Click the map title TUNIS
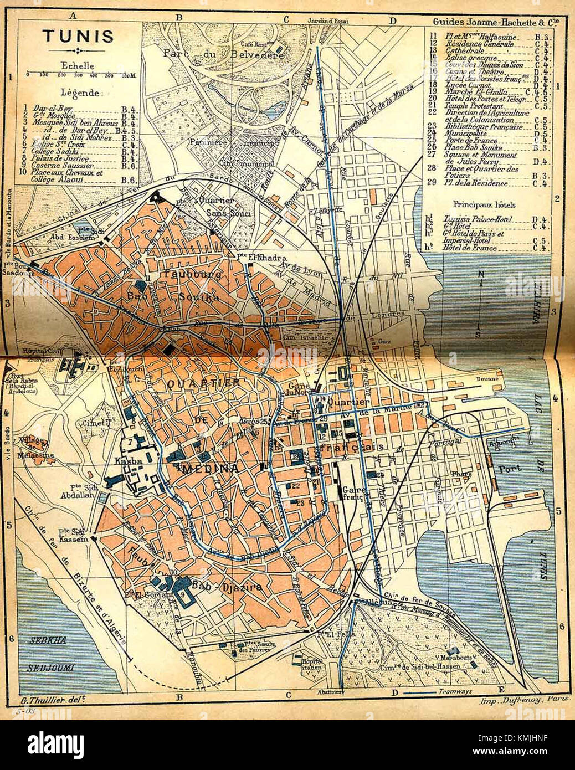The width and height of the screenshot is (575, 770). [78, 37]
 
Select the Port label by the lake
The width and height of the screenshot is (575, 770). [510, 468]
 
